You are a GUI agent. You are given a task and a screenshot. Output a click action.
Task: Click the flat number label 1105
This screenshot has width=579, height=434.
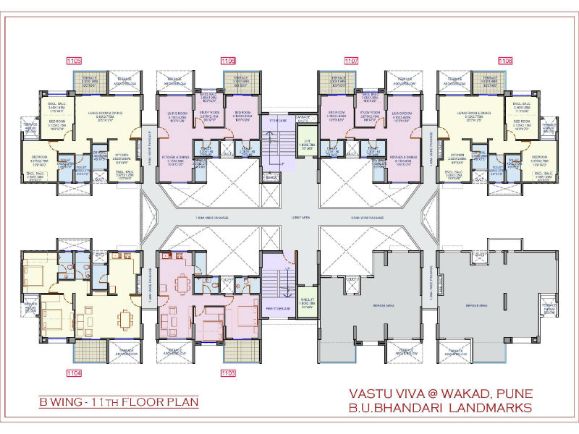74,61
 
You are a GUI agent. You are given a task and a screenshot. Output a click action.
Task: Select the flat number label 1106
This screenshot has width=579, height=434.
229,61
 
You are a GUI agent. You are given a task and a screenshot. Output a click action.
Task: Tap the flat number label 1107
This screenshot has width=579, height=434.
352,61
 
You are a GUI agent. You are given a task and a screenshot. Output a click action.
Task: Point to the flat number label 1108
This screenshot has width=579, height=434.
505,61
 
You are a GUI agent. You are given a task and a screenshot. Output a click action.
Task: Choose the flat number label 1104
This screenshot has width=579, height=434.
74,373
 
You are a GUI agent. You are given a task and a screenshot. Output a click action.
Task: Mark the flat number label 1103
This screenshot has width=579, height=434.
229,373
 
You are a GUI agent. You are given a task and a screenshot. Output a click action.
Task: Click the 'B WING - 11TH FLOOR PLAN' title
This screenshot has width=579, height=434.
119,401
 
